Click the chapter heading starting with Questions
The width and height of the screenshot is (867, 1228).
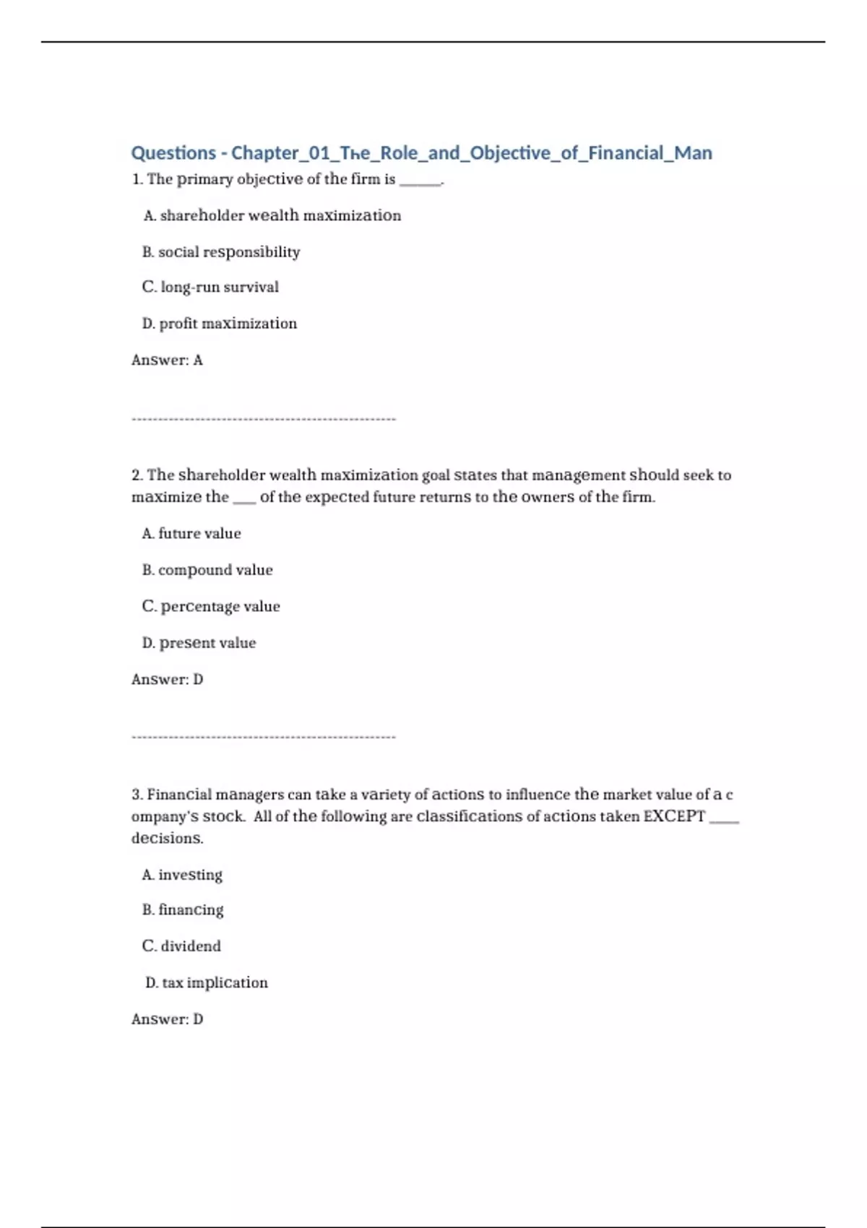click(421, 153)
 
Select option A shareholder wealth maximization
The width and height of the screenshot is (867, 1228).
click(272, 215)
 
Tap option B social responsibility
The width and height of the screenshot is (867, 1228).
click(221, 252)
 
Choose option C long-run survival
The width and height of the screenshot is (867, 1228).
click(210, 287)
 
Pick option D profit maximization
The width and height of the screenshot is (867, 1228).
click(220, 324)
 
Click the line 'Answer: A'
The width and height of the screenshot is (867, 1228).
click(167, 360)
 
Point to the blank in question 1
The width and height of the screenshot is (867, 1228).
click(420, 181)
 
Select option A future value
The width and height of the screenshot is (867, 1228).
click(191, 534)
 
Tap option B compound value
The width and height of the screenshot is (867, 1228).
click(207, 570)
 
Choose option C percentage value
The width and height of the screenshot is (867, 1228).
click(211, 607)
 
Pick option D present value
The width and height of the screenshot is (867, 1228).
click(199, 643)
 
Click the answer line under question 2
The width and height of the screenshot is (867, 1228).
click(167, 680)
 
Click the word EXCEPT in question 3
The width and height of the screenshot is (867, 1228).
click(674, 816)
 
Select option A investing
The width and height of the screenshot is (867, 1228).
click(182, 875)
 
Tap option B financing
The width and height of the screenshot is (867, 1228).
click(183, 910)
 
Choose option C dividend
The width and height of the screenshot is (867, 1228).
click(181, 946)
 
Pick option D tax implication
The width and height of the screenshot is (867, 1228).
click(207, 982)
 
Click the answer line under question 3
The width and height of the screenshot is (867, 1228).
click(167, 1019)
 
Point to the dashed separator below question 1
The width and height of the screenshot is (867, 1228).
click(264, 419)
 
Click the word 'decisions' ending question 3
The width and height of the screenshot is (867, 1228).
click(167, 839)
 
